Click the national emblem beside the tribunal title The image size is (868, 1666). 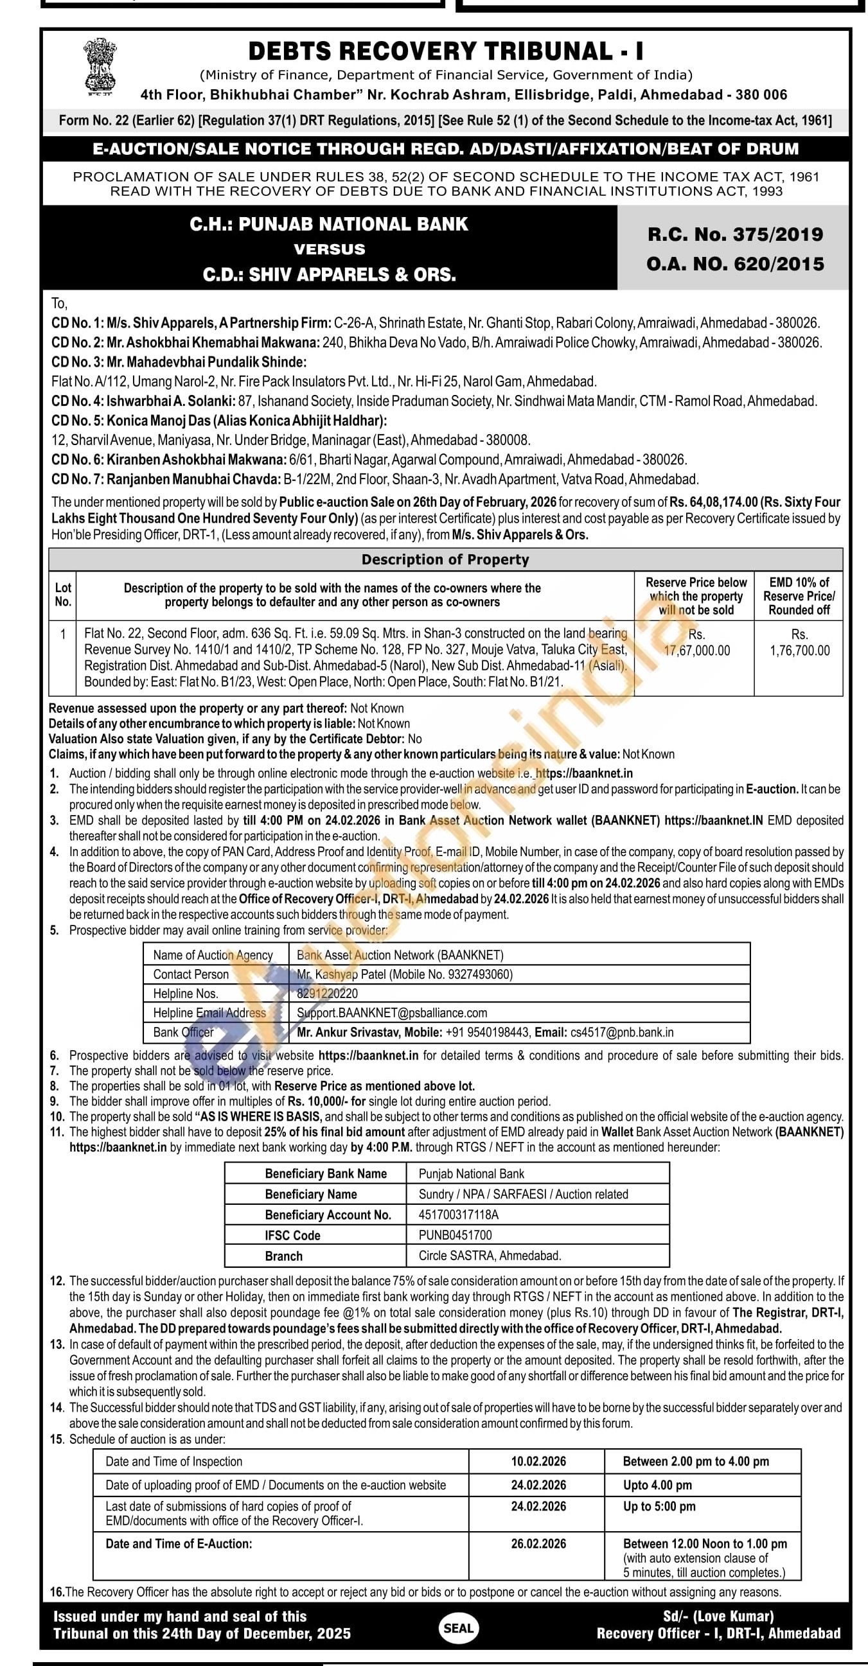pos(100,67)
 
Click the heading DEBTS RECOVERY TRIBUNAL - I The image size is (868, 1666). pos(446,51)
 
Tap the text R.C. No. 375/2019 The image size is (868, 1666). pos(736,234)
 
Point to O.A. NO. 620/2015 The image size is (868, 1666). pos(736,264)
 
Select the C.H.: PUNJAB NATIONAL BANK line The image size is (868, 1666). pos(328,224)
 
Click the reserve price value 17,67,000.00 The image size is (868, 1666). pos(696,651)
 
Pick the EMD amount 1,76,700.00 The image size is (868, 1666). pos(799,651)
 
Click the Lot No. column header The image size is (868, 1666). pos(63,594)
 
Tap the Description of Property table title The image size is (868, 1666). pos(445,559)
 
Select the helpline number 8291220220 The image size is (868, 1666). pos(327,994)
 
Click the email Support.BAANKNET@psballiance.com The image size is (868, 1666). pos(392,1013)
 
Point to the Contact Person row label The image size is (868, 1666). pos(191,974)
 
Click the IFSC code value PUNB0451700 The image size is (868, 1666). pos(456,1234)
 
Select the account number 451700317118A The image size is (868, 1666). pos(459,1214)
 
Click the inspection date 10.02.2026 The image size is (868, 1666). pos(538,1461)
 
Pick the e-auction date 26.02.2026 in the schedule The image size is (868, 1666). pos(538,1543)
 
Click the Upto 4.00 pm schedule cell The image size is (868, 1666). pos(657,1484)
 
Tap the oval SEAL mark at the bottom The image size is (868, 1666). pos(459,1628)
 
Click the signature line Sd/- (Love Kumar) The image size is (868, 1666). pos(718,1616)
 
